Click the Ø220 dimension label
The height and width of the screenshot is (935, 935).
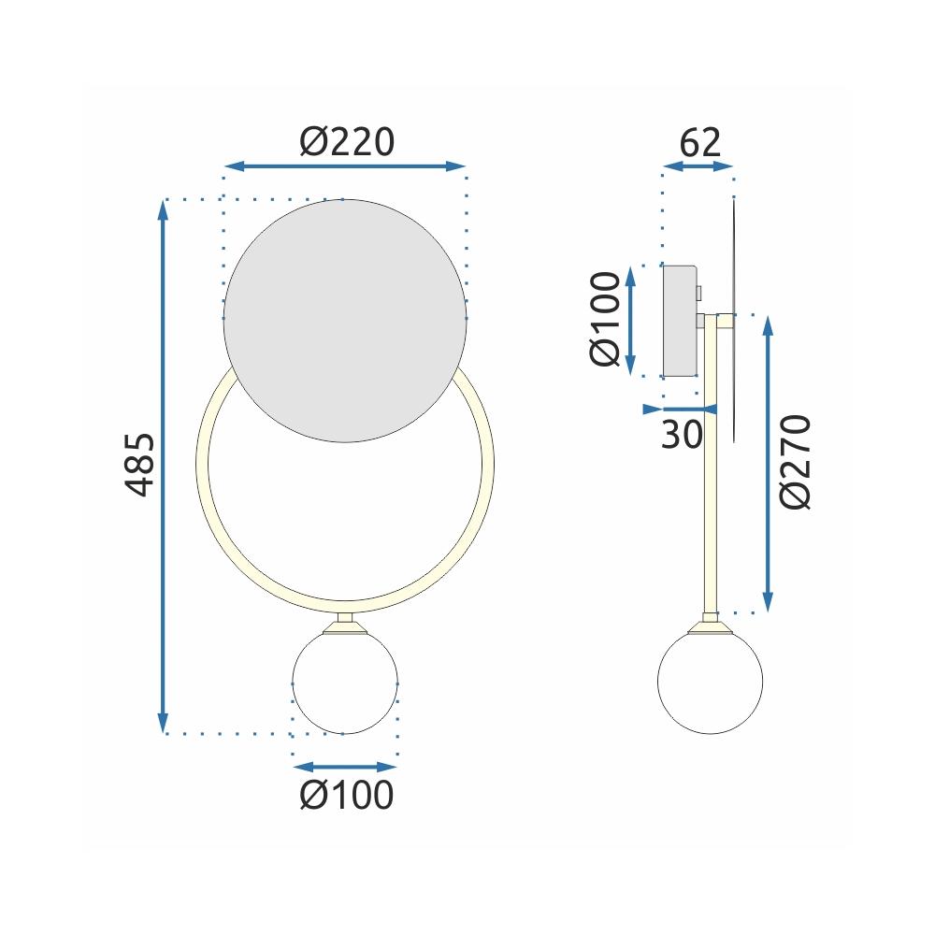click(x=347, y=142)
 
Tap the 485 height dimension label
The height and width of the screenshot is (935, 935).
click(x=139, y=465)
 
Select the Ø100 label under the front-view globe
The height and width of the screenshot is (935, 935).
click(x=346, y=795)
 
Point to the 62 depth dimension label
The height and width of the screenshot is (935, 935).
click(x=700, y=142)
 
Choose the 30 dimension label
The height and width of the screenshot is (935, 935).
click(x=682, y=434)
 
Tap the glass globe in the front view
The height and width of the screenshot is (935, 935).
click(x=345, y=682)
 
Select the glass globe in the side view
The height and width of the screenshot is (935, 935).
click(x=711, y=682)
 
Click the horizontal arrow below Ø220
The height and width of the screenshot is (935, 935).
click(x=345, y=166)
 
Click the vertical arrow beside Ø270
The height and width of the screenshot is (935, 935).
click(x=769, y=464)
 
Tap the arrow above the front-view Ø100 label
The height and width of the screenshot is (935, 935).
click(x=345, y=765)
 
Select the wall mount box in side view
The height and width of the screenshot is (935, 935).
click(x=681, y=320)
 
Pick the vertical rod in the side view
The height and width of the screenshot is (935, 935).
click(x=712, y=467)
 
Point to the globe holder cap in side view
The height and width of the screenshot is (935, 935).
click(x=711, y=624)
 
